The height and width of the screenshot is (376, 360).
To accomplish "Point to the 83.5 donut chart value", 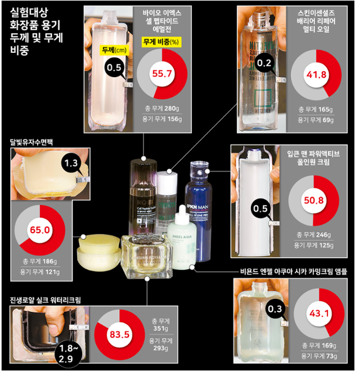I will pyautogui.click(x=119, y=335).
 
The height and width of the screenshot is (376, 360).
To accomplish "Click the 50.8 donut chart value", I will pyautogui.click(x=314, y=200).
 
